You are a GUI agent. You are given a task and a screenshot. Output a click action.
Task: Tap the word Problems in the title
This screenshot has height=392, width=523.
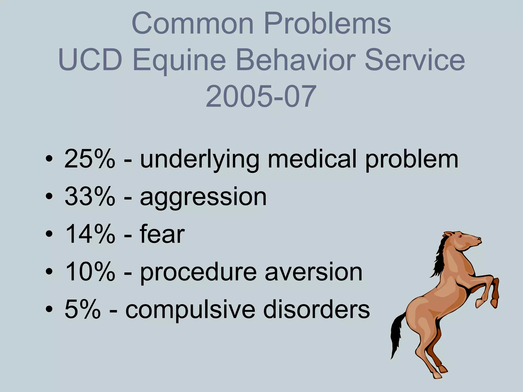point(327,23)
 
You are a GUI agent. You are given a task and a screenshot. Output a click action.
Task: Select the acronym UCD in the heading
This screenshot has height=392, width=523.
point(90,60)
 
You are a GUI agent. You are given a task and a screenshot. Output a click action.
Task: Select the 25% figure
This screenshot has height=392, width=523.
point(90,159)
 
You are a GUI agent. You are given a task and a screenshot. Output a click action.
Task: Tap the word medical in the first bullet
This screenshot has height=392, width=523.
point(312,159)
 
